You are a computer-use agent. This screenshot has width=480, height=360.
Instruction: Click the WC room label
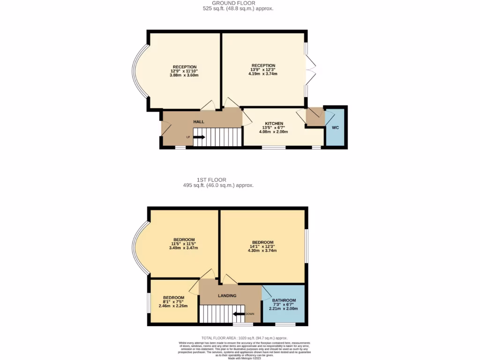335,127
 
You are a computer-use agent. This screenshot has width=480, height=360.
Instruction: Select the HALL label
199,122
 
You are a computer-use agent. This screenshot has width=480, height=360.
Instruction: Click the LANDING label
227,296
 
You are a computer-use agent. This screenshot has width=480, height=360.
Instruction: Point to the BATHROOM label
284,300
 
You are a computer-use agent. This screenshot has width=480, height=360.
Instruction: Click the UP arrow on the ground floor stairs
199,137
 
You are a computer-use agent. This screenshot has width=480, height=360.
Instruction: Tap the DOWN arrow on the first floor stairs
240,314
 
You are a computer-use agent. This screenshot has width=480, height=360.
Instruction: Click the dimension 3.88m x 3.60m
184,75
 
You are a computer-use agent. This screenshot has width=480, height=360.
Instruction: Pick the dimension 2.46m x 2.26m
173,306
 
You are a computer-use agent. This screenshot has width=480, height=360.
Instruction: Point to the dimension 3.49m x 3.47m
183,248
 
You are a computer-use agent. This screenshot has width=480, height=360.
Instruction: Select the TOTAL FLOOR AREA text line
244,338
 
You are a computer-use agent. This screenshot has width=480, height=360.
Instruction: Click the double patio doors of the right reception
310,70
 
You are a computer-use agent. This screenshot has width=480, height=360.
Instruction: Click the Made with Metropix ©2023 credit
244,358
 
